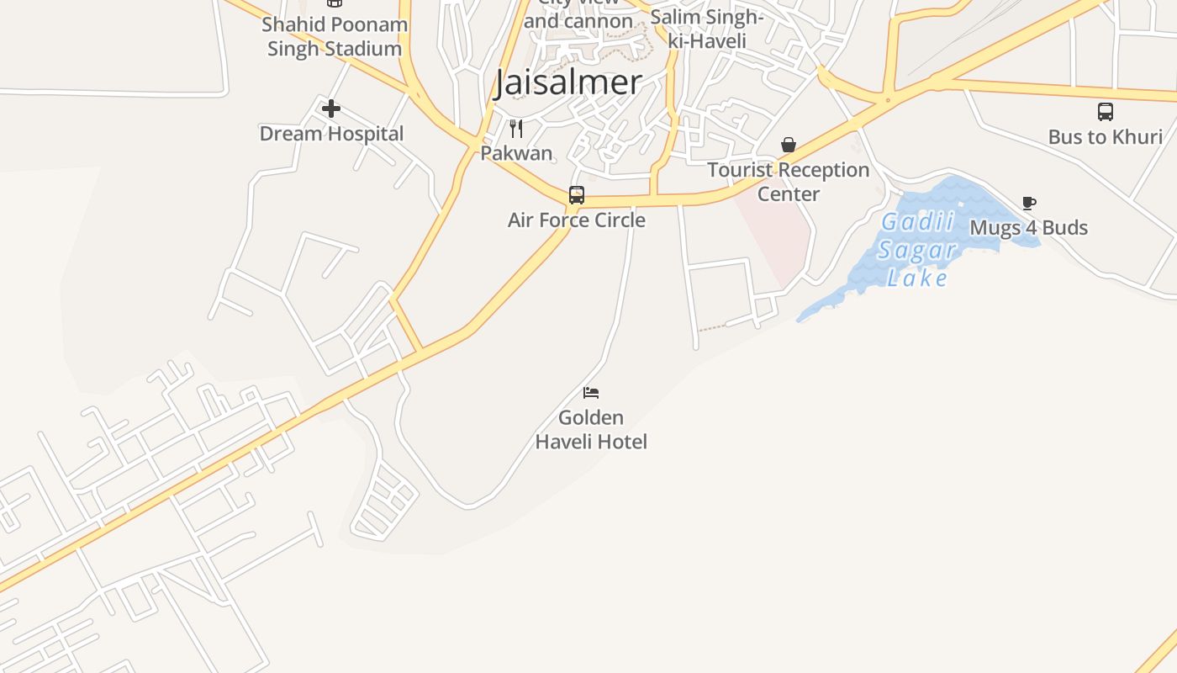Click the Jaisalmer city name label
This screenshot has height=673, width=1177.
(568, 82)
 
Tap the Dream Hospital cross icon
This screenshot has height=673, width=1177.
(331, 109)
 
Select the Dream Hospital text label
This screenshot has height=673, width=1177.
(331, 134)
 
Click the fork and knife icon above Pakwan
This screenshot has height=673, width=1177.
(516, 129)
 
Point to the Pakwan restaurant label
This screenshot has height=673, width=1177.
(516, 153)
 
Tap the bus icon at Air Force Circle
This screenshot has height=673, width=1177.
(577, 195)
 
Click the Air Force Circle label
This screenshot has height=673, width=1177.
(577, 220)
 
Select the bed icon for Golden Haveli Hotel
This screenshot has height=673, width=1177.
(591, 393)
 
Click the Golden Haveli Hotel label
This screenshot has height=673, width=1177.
(591, 429)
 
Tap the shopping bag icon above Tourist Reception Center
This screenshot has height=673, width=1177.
(789, 146)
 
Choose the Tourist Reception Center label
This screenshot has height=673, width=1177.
(789, 182)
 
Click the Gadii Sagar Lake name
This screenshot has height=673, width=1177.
(917, 250)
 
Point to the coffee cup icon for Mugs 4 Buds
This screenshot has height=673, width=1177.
(1029, 203)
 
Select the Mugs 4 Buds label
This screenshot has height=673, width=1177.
(1029, 228)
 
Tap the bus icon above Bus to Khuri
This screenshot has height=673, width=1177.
(1106, 112)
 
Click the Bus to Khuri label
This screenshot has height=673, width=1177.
(1106, 137)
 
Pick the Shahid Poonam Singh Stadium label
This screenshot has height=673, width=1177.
(335, 36)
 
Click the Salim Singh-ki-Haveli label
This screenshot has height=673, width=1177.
(707, 29)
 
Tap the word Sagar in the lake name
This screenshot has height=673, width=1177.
(917, 250)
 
